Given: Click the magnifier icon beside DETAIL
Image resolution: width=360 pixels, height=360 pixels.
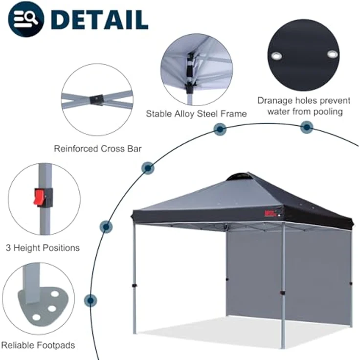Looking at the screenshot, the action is point(26,19).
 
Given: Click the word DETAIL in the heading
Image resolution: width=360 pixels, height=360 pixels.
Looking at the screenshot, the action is point(99,19).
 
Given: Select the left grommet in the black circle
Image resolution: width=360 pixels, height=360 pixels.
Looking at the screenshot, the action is point(276,56).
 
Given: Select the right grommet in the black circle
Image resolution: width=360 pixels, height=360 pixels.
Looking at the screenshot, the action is point(332,54).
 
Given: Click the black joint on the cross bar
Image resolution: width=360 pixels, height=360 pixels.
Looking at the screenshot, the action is point(97,100).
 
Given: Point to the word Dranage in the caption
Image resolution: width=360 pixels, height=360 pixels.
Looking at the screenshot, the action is point(275,101).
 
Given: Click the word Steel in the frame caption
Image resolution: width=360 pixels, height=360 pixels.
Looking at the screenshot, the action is point(207,113).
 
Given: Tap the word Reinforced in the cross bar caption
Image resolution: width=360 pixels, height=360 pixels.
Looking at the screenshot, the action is point(76,149).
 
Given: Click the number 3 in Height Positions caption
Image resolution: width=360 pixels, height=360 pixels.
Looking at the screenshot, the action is point(8,247).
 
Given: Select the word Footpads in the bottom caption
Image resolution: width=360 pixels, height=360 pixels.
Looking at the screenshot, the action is point(56,345).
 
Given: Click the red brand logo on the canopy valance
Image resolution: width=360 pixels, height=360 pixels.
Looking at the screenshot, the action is point(270,214).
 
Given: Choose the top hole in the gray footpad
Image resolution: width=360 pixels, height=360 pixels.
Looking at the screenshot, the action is point(55,294).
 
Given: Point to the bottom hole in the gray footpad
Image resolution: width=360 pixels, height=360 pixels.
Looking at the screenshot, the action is point(36,317).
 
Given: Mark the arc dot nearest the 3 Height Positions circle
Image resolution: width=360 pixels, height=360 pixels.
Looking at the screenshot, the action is point(106,227).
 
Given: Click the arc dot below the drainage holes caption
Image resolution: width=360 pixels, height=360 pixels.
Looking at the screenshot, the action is point(307,127).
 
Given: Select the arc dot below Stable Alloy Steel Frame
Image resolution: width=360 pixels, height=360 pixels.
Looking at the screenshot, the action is point(220,129).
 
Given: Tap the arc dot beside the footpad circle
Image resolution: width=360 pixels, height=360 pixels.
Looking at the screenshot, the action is point(90,300).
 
